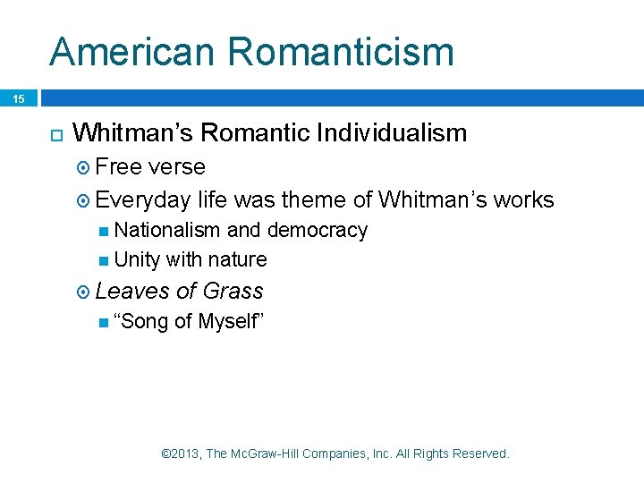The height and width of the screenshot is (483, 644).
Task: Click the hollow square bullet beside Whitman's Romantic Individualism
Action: tap(55, 134)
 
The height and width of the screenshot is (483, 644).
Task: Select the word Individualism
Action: tap(391, 133)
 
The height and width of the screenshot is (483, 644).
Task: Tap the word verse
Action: tap(176, 167)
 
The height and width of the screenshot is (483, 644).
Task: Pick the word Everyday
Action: tap(143, 200)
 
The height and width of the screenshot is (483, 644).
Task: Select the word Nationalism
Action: tap(167, 230)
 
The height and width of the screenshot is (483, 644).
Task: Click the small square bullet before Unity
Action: tap(106, 260)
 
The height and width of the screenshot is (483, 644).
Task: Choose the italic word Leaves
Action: tap(132, 291)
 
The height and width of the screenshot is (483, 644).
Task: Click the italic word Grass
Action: tap(233, 291)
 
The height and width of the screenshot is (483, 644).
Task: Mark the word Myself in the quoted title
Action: tap(227, 321)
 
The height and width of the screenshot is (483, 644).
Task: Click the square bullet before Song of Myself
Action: tap(106, 321)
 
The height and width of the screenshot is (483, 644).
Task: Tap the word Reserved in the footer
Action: tap(480, 453)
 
